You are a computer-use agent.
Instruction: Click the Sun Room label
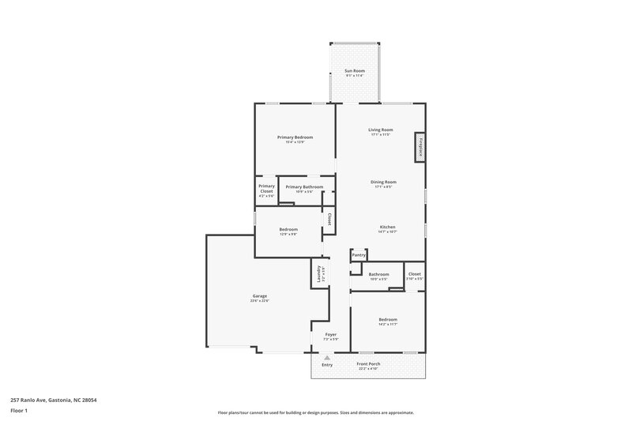[355, 72]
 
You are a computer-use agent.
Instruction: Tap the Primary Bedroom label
[295, 137]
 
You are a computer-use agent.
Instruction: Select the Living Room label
[381, 130]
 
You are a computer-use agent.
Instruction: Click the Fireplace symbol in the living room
[420, 148]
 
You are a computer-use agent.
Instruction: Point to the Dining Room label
[383, 182]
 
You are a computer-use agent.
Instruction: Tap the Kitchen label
[386, 227]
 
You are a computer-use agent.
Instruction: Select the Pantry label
[359, 255]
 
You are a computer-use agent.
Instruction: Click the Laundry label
[320, 274]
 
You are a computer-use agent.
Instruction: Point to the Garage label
[259, 296]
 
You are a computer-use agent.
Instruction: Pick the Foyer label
[331, 334]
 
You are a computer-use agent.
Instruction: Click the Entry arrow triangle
[327, 358]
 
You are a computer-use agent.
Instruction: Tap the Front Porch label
[369, 364]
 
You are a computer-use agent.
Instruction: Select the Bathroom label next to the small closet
[378, 274]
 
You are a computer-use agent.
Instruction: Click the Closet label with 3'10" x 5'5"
[414, 274]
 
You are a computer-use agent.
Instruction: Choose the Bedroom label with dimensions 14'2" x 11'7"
[387, 319]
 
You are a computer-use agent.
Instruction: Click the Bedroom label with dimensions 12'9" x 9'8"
[288, 230]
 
